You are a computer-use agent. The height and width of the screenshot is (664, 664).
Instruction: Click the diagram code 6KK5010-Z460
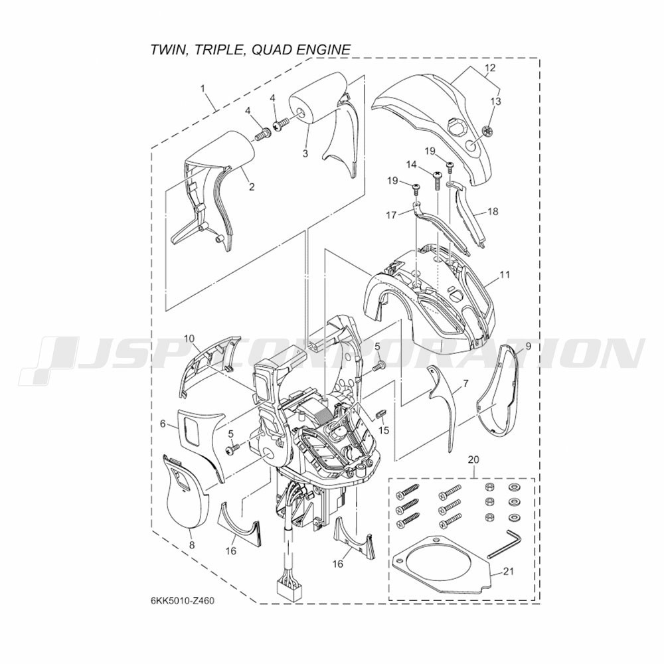point(179,602)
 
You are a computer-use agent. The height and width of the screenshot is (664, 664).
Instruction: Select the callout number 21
point(509,571)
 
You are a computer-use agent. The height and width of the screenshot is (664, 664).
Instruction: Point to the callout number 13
point(495,102)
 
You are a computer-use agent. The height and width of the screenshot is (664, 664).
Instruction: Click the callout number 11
point(505,275)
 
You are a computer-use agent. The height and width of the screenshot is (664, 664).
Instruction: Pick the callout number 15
point(384,430)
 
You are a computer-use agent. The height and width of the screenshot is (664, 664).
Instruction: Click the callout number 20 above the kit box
point(474,459)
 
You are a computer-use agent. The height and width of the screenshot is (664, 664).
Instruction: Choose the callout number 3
point(305,153)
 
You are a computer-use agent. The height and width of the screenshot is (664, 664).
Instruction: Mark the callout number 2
point(252,187)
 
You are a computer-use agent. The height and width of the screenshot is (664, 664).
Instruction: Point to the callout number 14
point(411,164)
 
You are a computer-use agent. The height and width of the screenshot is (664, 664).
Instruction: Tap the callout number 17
point(392,215)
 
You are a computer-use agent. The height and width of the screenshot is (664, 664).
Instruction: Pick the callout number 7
point(466,384)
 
